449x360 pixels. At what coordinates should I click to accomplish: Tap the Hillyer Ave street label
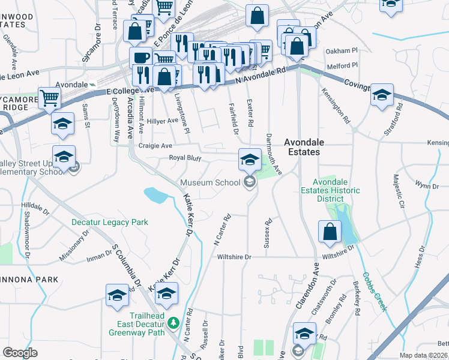tap(163, 121)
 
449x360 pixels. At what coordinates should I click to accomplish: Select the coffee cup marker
tap(142, 58)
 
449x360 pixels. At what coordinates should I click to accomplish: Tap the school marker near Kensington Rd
tap(381, 96)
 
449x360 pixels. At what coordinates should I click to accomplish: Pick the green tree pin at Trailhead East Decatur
tap(173, 323)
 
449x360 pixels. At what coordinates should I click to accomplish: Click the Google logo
tap(20, 353)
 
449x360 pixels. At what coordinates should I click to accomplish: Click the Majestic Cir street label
tap(399, 193)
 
